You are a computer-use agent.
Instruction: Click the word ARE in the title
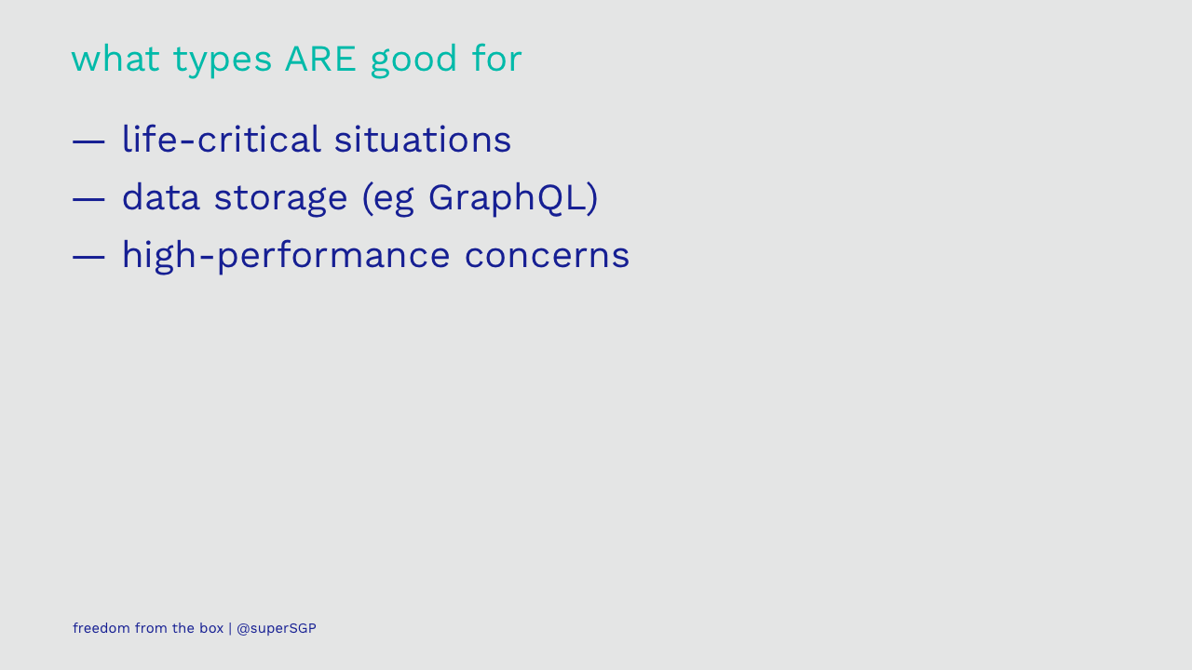pyautogui.click(x=320, y=59)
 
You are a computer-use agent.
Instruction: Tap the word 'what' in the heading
pyautogui.click(x=115, y=59)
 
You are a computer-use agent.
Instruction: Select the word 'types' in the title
pyautogui.click(x=223, y=60)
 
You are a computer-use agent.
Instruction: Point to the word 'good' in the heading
pyautogui.click(x=413, y=60)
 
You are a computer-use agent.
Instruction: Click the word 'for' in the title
pyautogui.click(x=497, y=58)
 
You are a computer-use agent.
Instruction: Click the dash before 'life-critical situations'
pyautogui.click(x=88, y=141)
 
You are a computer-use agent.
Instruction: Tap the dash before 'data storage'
pyautogui.click(x=88, y=199)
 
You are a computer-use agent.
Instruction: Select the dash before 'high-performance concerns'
pyautogui.click(x=88, y=257)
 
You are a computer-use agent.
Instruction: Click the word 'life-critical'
pyautogui.click(x=222, y=139)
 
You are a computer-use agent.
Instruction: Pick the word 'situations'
pyautogui.click(x=423, y=139)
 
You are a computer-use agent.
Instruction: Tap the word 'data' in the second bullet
pyautogui.click(x=161, y=197)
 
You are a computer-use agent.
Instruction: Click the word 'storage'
pyautogui.click(x=281, y=200)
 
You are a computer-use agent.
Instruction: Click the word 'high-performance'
pyautogui.click(x=286, y=257)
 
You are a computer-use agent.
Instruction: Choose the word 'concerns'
pyautogui.click(x=547, y=256)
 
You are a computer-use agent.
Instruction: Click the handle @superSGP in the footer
pyautogui.click(x=277, y=628)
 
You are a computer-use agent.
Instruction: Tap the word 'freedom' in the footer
pyautogui.click(x=102, y=628)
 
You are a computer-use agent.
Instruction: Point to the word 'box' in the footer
pyautogui.click(x=211, y=628)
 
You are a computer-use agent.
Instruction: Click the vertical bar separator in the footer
pyautogui.click(x=230, y=628)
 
